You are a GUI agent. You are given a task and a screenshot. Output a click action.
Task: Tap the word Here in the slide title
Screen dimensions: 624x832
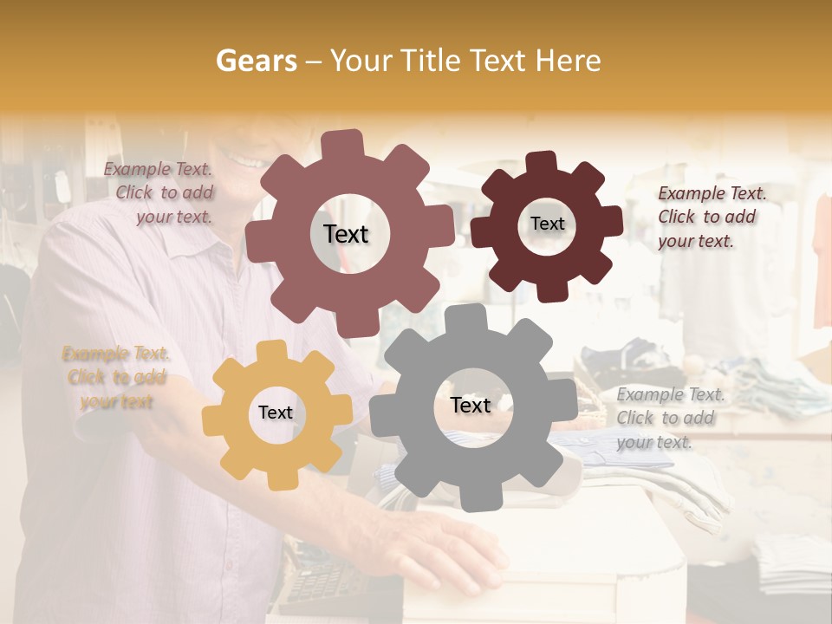pos(568,61)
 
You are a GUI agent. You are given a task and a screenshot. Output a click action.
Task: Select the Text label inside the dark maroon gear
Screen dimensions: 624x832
pos(547,224)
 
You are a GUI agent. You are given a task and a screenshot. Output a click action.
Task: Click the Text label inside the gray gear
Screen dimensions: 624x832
pos(471,406)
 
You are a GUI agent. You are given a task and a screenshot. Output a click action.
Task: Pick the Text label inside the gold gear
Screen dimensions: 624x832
pos(276,413)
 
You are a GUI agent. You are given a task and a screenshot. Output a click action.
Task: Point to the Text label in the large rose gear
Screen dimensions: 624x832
pos(346,234)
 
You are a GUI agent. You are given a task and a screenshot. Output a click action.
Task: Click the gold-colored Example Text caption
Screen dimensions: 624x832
pos(116,377)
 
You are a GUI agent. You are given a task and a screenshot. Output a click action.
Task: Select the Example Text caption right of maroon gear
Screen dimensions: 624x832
pos(711,217)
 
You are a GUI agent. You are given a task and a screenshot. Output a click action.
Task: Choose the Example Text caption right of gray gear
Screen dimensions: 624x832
pos(669,418)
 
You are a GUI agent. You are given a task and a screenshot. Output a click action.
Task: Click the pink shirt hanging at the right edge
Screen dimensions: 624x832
pos(822,260)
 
